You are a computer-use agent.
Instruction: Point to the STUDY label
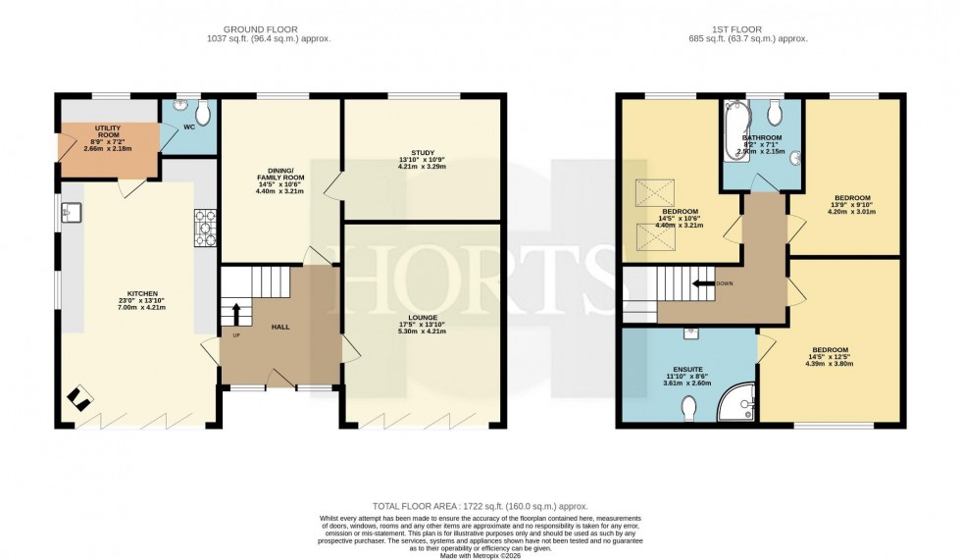423,152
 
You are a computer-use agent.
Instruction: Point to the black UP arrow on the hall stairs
235,314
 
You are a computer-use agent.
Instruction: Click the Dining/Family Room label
279,175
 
